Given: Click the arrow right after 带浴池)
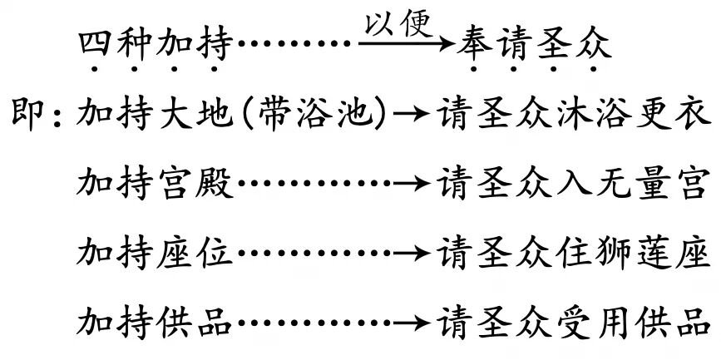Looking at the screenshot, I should [410, 113].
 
